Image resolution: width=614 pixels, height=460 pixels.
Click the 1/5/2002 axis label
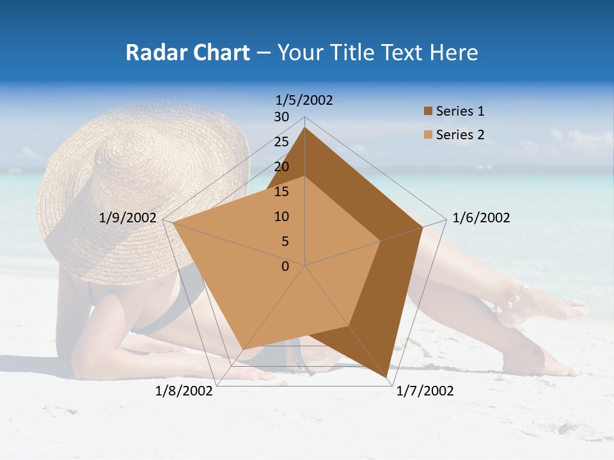pos(304,100)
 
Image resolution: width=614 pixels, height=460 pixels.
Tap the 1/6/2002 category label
pos(481,218)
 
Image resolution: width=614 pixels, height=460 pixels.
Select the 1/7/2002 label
pos(425,391)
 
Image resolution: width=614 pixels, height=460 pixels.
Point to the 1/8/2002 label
pos(184,391)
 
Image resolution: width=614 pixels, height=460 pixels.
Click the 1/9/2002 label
pos(128,218)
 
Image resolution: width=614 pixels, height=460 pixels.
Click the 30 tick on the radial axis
pos(281,117)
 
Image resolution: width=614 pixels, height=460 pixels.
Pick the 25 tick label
pos(281,142)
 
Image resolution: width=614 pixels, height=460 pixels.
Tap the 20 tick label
pos(281,167)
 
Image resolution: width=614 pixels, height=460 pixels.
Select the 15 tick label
pos(281,192)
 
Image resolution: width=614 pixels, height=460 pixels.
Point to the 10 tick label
pos(281,217)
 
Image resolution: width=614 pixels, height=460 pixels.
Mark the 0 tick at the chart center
pos(285,266)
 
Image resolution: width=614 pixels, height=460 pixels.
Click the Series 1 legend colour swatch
pos(428,111)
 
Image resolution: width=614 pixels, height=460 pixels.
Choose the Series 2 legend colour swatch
pos(428,135)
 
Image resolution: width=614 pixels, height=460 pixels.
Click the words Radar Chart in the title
pos(187,53)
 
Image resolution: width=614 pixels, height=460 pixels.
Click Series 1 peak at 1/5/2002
pos(305,128)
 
